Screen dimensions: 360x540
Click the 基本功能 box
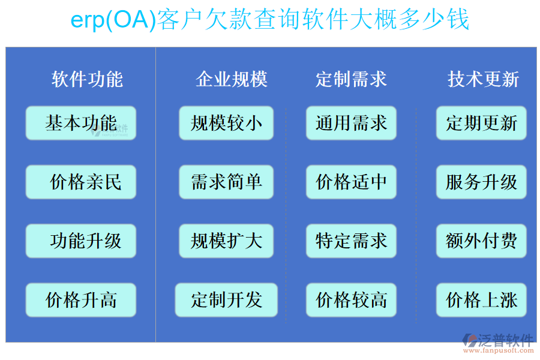tap(81, 123)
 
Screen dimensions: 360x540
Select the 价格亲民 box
tap(81, 182)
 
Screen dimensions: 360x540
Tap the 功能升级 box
tap(81, 241)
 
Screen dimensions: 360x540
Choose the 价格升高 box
tap(81, 299)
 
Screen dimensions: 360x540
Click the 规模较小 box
tap(226, 123)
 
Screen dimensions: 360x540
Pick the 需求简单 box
tap(226, 182)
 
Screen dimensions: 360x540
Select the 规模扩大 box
tap(226, 241)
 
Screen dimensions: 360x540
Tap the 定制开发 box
tap(226, 299)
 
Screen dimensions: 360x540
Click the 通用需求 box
tap(351, 123)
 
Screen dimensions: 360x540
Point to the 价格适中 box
tap(351, 182)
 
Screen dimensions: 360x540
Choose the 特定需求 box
tap(351, 241)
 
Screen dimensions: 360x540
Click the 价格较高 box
tap(351, 299)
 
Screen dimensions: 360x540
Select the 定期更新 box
tap(481, 123)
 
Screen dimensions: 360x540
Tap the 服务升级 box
tap(481, 182)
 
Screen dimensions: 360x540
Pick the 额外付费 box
tap(481, 241)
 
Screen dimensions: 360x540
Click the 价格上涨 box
tap(481, 299)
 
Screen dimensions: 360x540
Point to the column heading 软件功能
tap(87, 79)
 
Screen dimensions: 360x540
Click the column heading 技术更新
tap(483, 79)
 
